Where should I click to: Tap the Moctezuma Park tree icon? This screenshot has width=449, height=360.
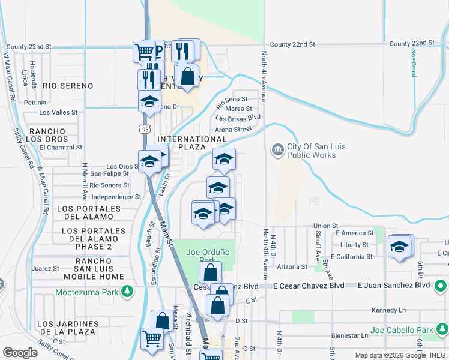pyautogui.click(x=127, y=292)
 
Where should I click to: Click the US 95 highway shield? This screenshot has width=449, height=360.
pyautogui.click(x=143, y=128)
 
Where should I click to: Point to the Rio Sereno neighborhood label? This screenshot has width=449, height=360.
pyautogui.click(x=66, y=86)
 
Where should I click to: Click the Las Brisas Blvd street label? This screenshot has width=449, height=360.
pyautogui.click(x=238, y=118)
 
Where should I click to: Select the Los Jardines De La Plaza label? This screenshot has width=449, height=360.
pyautogui.click(x=66, y=327)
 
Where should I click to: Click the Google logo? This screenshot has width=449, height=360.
pyautogui.click(x=20, y=353)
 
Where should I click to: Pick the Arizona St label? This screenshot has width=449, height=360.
pyautogui.click(x=292, y=266)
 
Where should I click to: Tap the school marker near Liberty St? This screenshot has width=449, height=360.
pyautogui.click(x=400, y=247)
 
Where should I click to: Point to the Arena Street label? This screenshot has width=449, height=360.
pyautogui.click(x=233, y=129)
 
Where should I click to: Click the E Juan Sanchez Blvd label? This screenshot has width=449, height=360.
pyautogui.click(x=394, y=286)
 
